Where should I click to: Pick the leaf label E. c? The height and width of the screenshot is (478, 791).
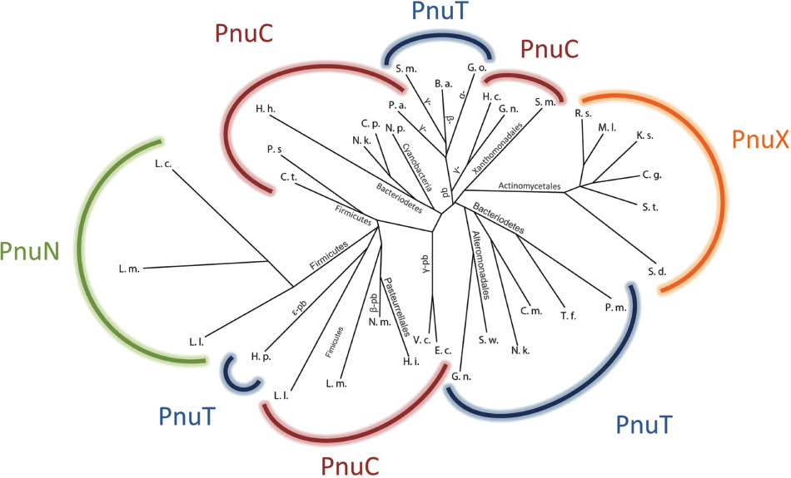[x=443, y=352]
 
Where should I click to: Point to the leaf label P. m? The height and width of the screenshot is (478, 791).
[x=615, y=308]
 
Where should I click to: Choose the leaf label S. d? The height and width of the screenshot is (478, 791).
[x=657, y=271]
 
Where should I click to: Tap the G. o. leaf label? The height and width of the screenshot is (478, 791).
[x=476, y=69]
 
